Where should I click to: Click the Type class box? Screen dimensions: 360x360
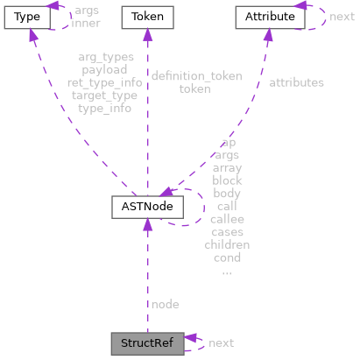[x=25, y=17]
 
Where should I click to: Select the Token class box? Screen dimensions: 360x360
[x=146, y=17]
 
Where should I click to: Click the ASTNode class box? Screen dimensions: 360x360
[x=146, y=207]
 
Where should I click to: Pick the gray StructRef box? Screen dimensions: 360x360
[x=146, y=342]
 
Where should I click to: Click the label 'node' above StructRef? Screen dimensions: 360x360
[x=165, y=304]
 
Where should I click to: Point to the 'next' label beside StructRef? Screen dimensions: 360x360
[x=221, y=342]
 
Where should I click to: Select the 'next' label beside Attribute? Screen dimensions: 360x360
[x=342, y=17]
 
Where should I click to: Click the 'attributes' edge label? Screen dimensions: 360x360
[x=296, y=82]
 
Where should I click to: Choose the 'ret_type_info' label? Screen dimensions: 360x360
[x=105, y=82]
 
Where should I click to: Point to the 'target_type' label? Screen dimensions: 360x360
[x=105, y=95]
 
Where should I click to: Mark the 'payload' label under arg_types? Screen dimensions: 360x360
[x=105, y=70]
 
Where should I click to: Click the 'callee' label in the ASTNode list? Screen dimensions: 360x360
[x=227, y=219]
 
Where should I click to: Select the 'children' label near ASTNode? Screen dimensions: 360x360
[x=227, y=245]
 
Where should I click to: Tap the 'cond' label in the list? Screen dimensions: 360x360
[x=227, y=258]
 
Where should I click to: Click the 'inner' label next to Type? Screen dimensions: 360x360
[x=85, y=23]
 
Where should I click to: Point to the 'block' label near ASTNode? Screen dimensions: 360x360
[x=227, y=180]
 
